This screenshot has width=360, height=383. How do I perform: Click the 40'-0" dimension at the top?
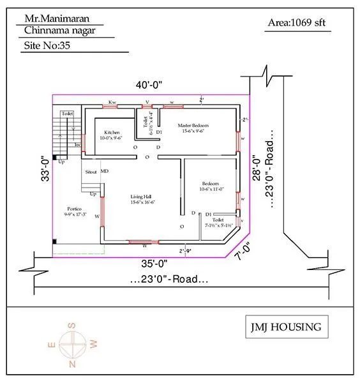point(149,86)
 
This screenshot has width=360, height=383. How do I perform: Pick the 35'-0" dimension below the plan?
point(153,262)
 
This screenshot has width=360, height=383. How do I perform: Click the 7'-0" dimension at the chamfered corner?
point(242,252)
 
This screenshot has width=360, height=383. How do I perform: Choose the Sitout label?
point(91,172)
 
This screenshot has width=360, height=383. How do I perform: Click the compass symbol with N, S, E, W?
point(72,345)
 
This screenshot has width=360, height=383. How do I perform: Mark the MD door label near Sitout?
point(104,172)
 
